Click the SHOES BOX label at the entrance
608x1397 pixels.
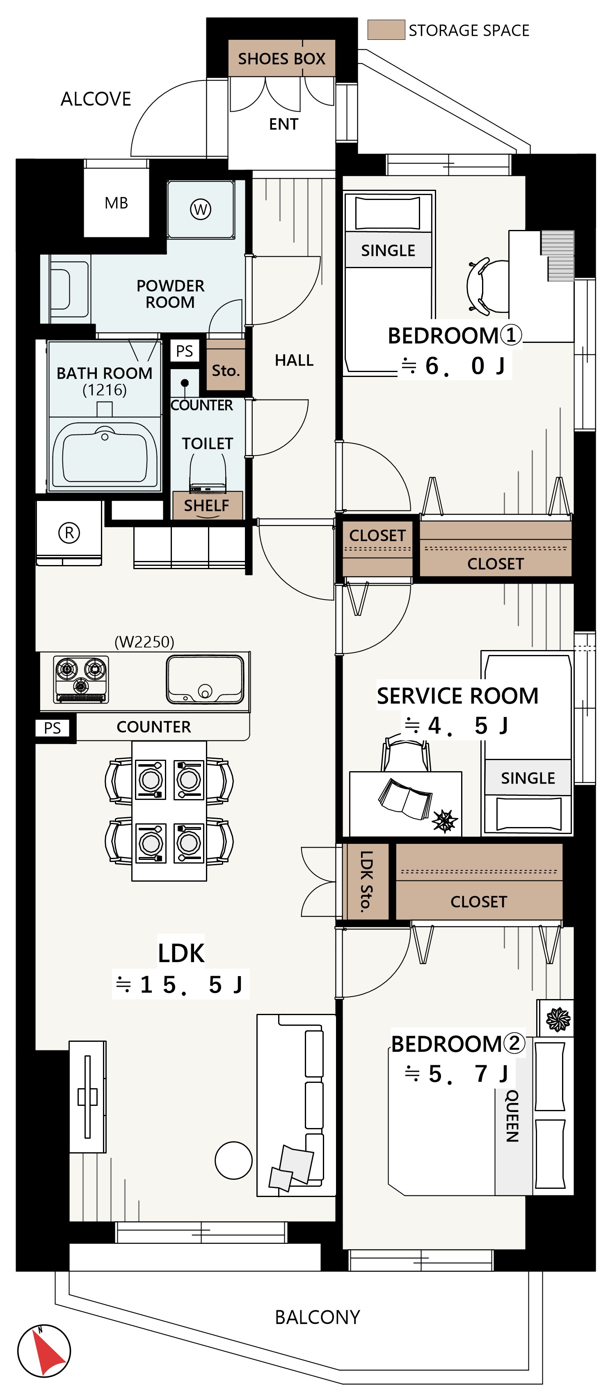pyautogui.click(x=281, y=59)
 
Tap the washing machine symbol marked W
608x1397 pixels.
pyautogui.click(x=201, y=209)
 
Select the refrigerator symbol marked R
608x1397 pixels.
pyautogui.click(x=69, y=533)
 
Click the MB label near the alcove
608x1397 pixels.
pyautogui.click(x=117, y=203)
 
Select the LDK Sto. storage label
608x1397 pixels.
pyautogui.click(x=367, y=881)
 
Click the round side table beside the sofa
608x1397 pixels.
pyautogui.click(x=233, y=1160)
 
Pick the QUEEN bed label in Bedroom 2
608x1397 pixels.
pyautogui.click(x=512, y=1116)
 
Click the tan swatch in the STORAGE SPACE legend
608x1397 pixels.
pyautogui.click(x=386, y=30)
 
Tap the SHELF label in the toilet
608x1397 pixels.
pyautogui.click(x=206, y=505)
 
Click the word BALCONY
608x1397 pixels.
pyautogui.click(x=318, y=1317)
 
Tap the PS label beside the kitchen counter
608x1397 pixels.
pyautogui.click(x=53, y=728)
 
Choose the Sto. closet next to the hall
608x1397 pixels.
pyautogui.click(x=225, y=370)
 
